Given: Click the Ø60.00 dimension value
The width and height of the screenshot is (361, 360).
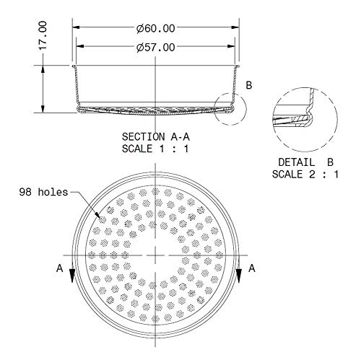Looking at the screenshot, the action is [156, 28].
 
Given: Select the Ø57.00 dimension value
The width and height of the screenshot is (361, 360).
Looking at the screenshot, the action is [156, 48].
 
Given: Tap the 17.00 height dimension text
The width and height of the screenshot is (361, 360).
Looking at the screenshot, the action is [43, 35].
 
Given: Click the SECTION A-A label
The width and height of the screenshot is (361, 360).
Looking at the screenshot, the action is [156, 137].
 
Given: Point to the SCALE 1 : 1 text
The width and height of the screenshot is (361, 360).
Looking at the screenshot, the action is [155, 149].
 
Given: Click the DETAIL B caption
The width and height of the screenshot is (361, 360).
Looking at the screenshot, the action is [305, 162].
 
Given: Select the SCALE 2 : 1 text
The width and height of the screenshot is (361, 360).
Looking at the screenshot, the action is [305, 174].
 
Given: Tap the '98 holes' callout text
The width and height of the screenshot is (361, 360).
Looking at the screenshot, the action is [43, 192].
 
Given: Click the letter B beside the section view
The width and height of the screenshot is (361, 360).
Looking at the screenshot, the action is [249, 85].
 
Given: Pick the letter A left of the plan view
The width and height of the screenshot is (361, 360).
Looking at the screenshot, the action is [59, 268].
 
